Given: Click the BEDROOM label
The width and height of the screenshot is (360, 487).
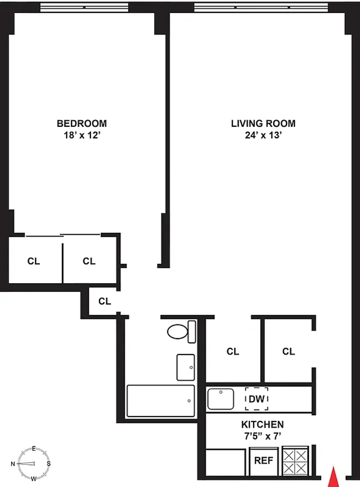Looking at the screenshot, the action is [x=82, y=123].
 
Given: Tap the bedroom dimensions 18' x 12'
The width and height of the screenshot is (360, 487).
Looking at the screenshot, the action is [x=82, y=135].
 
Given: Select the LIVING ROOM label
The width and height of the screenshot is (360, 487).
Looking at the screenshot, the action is [x=263, y=123].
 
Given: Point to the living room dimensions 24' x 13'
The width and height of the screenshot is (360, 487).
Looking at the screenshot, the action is [x=263, y=135].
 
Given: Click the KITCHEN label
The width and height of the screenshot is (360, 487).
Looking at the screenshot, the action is [x=262, y=424].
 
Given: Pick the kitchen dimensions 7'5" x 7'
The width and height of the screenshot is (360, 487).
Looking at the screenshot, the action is [x=262, y=436].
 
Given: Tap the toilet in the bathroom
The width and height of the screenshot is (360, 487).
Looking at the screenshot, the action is [x=182, y=332].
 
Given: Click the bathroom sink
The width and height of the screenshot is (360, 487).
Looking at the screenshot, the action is [x=185, y=367].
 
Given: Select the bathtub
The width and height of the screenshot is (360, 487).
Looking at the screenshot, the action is [x=161, y=401].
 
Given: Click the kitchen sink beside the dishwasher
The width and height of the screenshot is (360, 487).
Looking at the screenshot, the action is [x=221, y=399].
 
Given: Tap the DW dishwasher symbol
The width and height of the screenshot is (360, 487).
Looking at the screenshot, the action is [x=257, y=399].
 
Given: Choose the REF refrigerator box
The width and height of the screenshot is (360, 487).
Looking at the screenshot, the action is [x=264, y=461].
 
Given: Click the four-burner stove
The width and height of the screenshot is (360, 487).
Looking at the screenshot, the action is [x=295, y=461].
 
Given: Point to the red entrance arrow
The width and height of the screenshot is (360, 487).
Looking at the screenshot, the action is [x=333, y=477].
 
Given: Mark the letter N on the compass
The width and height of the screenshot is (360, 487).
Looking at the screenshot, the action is [x=13, y=464].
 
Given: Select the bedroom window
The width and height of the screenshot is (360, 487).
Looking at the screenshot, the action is [x=84, y=7].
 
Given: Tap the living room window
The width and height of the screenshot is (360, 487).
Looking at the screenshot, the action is [x=261, y=7].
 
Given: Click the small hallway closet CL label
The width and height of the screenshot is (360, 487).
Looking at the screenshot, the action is [x=104, y=301].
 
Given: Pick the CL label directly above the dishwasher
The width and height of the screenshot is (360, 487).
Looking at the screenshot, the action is [x=233, y=351].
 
